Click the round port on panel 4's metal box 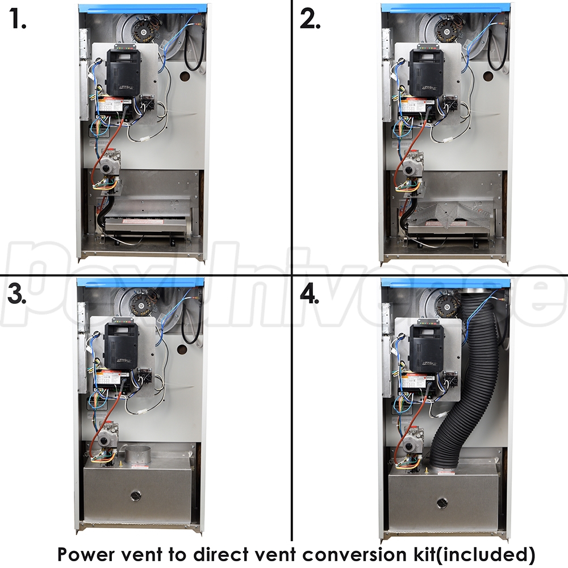(x=441, y=503)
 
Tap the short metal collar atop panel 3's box (x=136, y=455)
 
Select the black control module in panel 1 (x=123, y=70)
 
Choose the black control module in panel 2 (x=427, y=70)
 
